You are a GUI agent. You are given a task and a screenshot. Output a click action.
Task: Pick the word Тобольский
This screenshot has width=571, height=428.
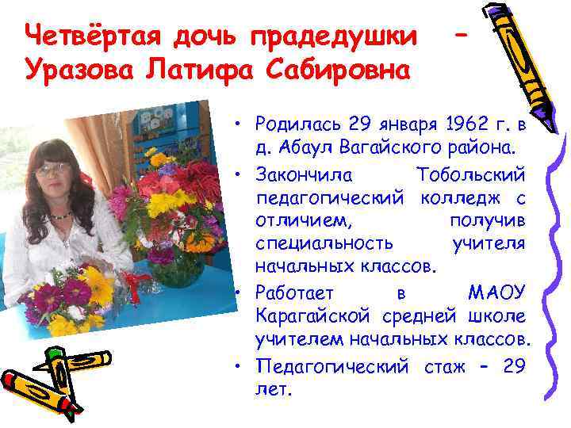[x=469, y=172]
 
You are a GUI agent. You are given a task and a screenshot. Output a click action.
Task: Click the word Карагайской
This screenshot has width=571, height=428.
[x=312, y=316]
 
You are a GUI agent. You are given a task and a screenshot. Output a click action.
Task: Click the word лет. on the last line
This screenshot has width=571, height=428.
[x=274, y=390]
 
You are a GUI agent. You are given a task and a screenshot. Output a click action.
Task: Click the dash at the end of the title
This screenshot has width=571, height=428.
[x=467, y=36]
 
